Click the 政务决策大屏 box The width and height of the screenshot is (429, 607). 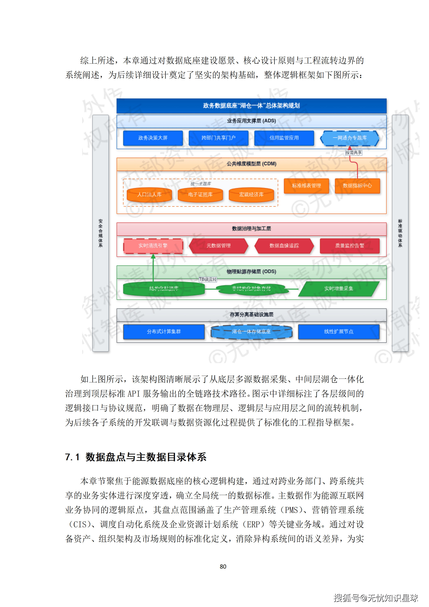[x=153, y=138]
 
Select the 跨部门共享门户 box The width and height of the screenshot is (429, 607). [x=218, y=138]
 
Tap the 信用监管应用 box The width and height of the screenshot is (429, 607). [x=284, y=138]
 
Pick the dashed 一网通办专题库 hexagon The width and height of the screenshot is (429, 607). [x=350, y=138]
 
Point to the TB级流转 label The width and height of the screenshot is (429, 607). [x=208, y=279]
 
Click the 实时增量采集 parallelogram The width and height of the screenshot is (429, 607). [x=339, y=289]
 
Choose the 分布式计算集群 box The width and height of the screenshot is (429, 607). [x=164, y=332]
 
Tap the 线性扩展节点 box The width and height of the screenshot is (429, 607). [x=339, y=332]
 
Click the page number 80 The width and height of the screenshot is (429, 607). [x=223, y=567]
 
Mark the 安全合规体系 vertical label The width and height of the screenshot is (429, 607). [x=100, y=233]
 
